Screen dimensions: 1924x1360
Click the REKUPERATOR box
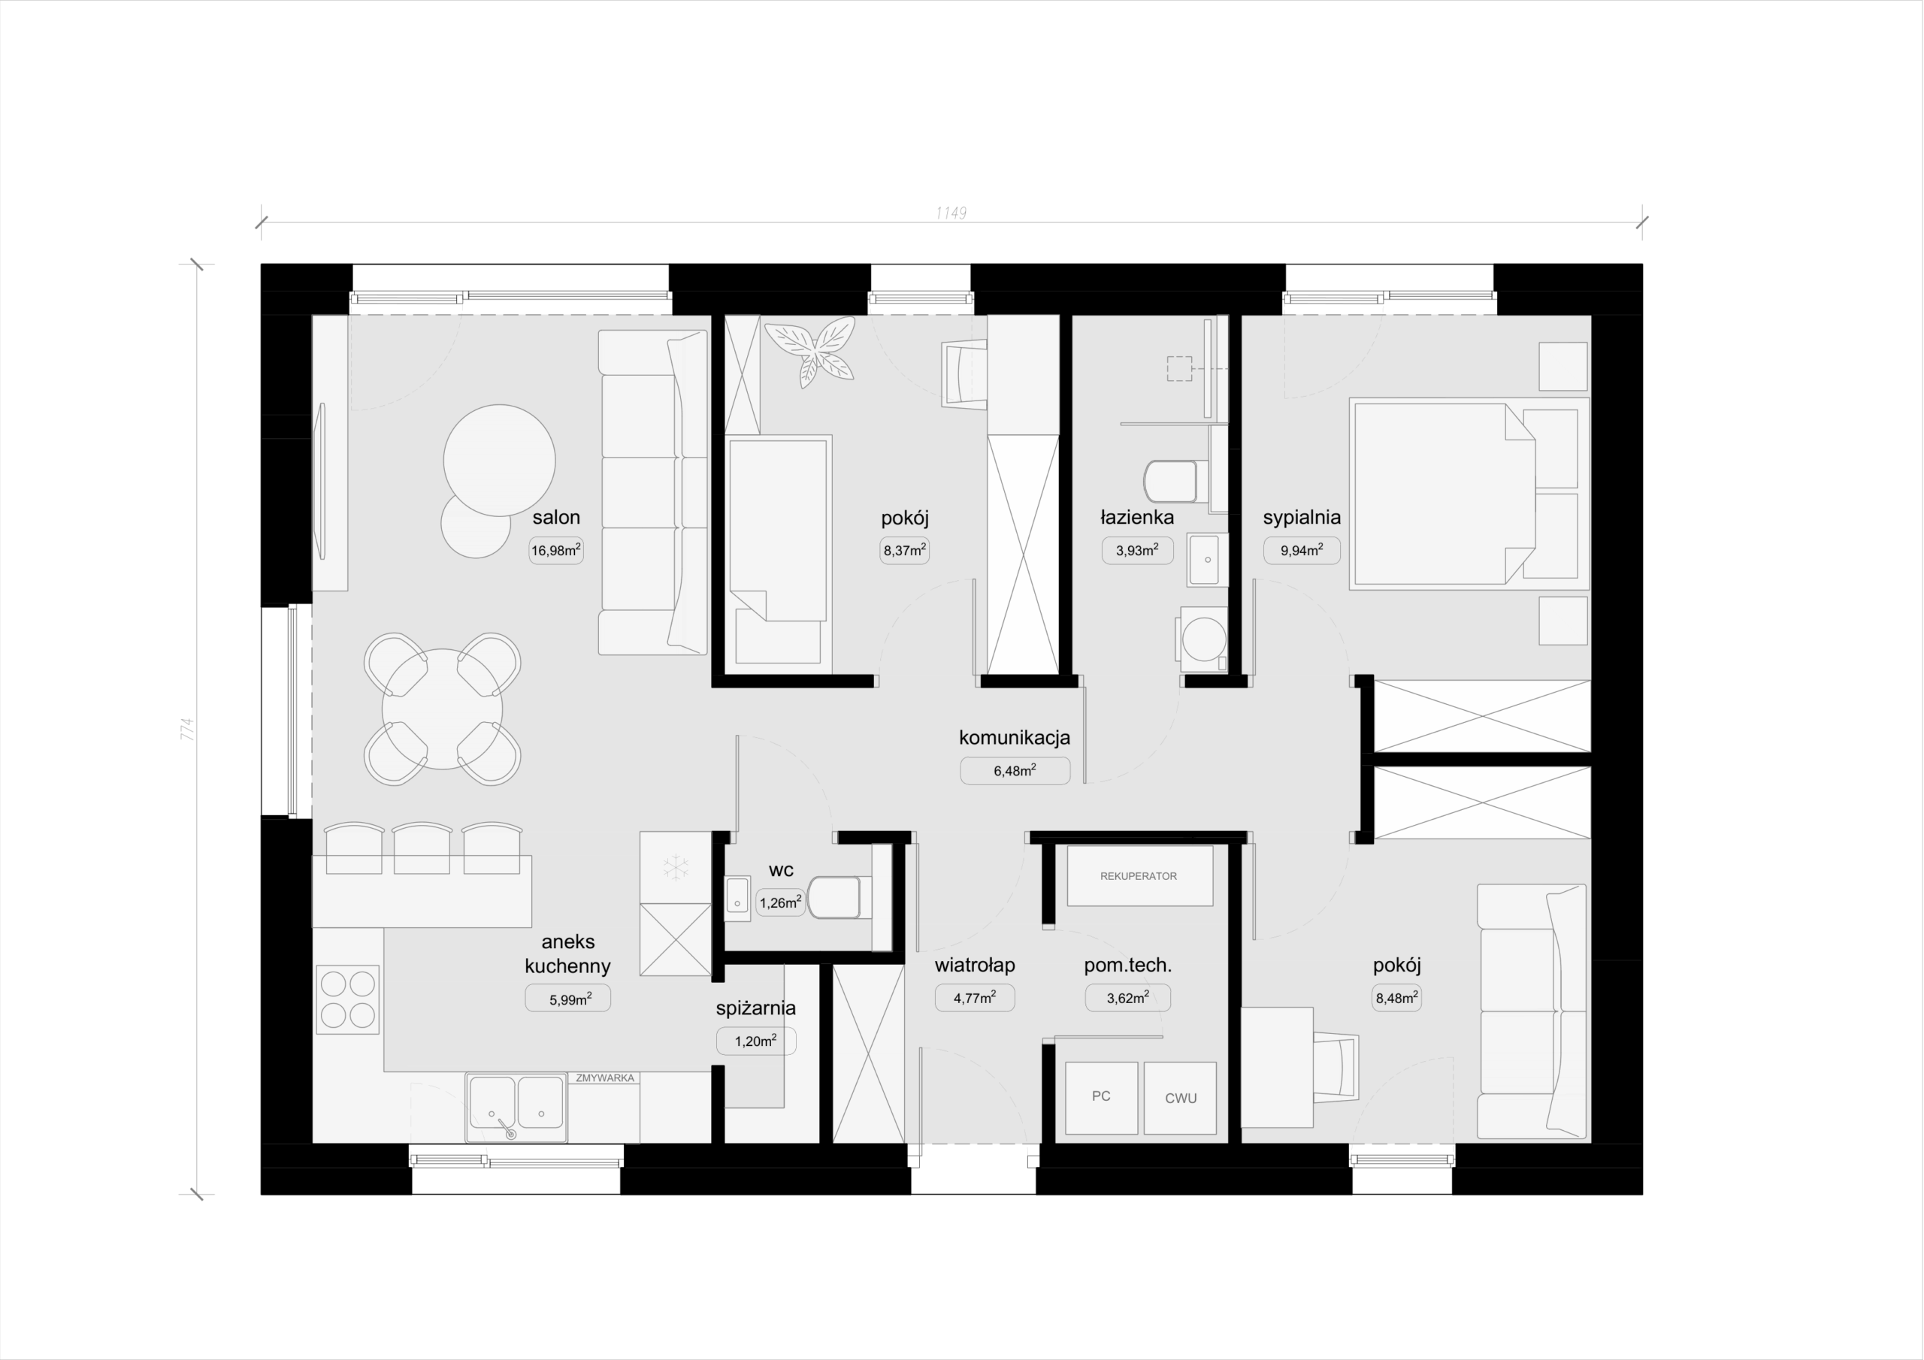(x=1139, y=875)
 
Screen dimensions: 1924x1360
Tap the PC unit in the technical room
(x=1101, y=1098)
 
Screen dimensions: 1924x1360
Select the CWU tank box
(x=1180, y=1098)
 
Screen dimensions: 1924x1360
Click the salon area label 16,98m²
(x=555, y=551)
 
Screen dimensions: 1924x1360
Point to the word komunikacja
(x=1015, y=737)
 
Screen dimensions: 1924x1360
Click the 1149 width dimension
(x=951, y=213)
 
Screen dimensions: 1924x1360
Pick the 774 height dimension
(x=188, y=728)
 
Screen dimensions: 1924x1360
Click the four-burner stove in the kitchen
(x=348, y=999)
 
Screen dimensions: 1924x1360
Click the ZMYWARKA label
(x=605, y=1077)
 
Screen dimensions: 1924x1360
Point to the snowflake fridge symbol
(x=676, y=867)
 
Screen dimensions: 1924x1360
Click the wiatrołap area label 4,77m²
(x=975, y=997)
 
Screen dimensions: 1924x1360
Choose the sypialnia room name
(x=1302, y=517)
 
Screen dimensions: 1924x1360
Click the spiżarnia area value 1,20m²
(x=756, y=1041)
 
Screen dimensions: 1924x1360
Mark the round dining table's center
(x=443, y=709)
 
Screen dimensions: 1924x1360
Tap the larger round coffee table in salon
(x=500, y=460)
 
